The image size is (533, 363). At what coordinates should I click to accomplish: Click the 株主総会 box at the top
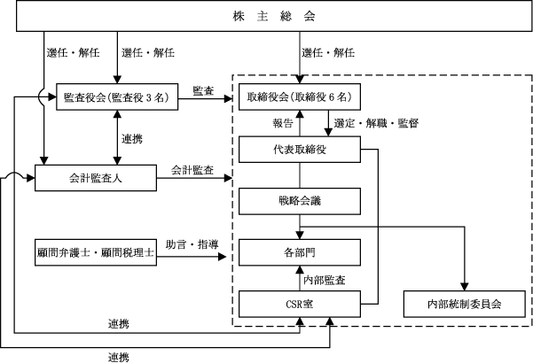pyautogui.click(x=274, y=16)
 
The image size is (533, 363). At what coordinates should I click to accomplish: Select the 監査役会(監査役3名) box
pyautogui.click(x=117, y=97)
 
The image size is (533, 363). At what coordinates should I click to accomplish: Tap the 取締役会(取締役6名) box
pyautogui.click(x=300, y=97)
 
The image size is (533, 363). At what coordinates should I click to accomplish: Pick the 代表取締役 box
pyautogui.click(x=300, y=150)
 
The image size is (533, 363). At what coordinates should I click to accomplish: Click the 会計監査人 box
pyautogui.click(x=96, y=178)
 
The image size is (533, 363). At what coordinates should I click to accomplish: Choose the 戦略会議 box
pyautogui.click(x=300, y=201)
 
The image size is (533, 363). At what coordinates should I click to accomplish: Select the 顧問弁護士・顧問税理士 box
pyautogui.click(x=96, y=252)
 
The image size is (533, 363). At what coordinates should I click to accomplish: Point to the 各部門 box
pyautogui.click(x=300, y=252)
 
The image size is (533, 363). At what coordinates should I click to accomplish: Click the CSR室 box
pyautogui.click(x=300, y=304)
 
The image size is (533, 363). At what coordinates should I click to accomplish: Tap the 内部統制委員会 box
pyautogui.click(x=465, y=304)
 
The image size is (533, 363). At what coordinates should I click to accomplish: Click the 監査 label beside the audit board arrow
pyautogui.click(x=203, y=91)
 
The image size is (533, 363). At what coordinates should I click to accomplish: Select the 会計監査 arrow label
pyautogui.click(x=192, y=170)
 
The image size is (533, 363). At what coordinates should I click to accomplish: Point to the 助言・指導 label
pyautogui.click(x=192, y=244)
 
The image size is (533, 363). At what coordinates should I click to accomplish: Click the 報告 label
pyautogui.click(x=283, y=123)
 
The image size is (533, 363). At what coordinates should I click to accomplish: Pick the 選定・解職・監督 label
pyautogui.click(x=376, y=123)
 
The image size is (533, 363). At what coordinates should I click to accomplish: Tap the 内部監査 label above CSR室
pyautogui.click(x=325, y=280)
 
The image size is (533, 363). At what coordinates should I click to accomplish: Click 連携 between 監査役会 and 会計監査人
pyautogui.click(x=132, y=139)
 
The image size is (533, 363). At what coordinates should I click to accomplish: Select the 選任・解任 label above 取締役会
pyautogui.click(x=328, y=52)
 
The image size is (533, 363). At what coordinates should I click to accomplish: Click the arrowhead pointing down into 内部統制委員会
pyautogui.click(x=465, y=287)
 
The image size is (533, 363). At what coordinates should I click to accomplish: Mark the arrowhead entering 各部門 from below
pyautogui.click(x=300, y=269)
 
